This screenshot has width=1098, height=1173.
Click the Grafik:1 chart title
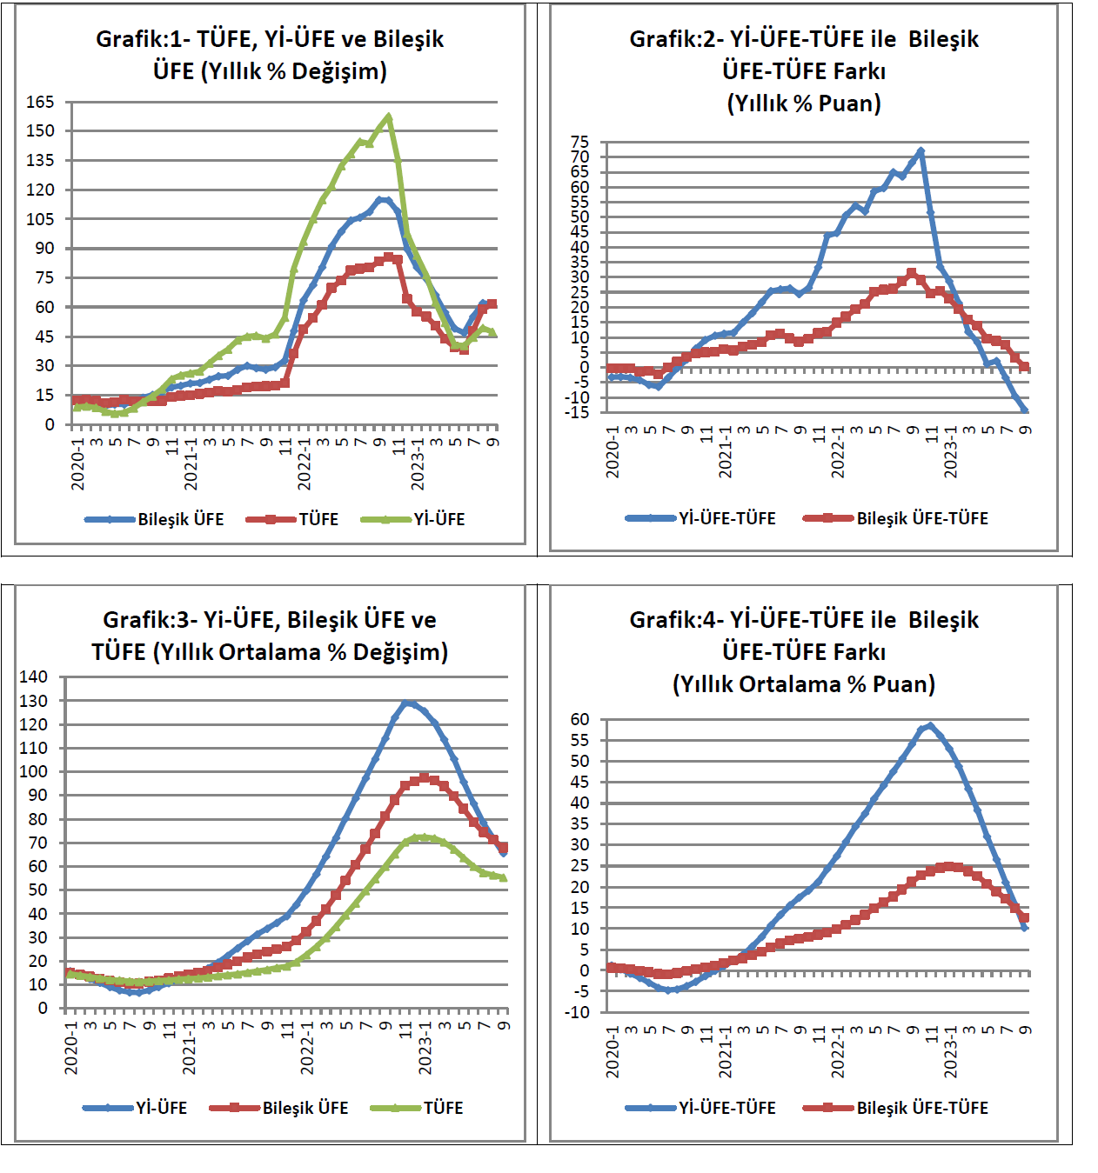270,55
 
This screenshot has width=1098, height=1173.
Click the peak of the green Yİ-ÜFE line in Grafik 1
388,117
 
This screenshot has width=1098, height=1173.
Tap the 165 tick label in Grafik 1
40,102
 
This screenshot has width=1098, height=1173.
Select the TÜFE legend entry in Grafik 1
318,519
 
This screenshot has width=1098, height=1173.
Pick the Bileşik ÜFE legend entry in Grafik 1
180,519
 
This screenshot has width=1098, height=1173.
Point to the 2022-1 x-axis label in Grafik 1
304,465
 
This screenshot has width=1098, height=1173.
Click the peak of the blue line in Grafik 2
921,151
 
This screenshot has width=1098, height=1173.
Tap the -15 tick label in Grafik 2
579,412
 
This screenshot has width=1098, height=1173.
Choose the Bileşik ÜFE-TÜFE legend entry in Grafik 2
921,518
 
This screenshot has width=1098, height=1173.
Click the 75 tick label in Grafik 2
579,142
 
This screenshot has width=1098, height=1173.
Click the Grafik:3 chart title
270,636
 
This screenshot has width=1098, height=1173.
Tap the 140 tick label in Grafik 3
34,676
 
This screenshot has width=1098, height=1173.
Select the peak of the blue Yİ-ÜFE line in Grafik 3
406,702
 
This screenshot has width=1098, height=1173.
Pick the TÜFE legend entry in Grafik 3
443,1108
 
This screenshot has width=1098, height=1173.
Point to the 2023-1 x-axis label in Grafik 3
425,1048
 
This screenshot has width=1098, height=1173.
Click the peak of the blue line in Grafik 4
930,726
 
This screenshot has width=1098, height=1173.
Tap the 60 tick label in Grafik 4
579,719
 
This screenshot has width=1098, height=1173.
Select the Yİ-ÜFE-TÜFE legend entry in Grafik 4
726,1108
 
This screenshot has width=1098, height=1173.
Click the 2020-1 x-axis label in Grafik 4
613,1052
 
